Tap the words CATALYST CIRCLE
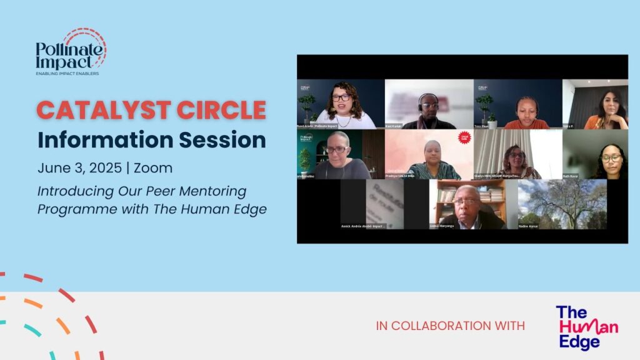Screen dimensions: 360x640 pyautogui.click(x=151, y=110)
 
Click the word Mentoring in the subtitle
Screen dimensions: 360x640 pyautogui.click(x=212, y=191)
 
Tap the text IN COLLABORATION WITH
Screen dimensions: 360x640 pyautogui.click(x=450, y=326)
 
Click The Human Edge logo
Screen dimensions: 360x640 pyautogui.click(x=586, y=327)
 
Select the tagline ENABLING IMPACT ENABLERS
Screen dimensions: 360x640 pyautogui.click(x=67, y=74)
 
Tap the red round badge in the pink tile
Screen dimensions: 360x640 pyautogui.click(x=464, y=137)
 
